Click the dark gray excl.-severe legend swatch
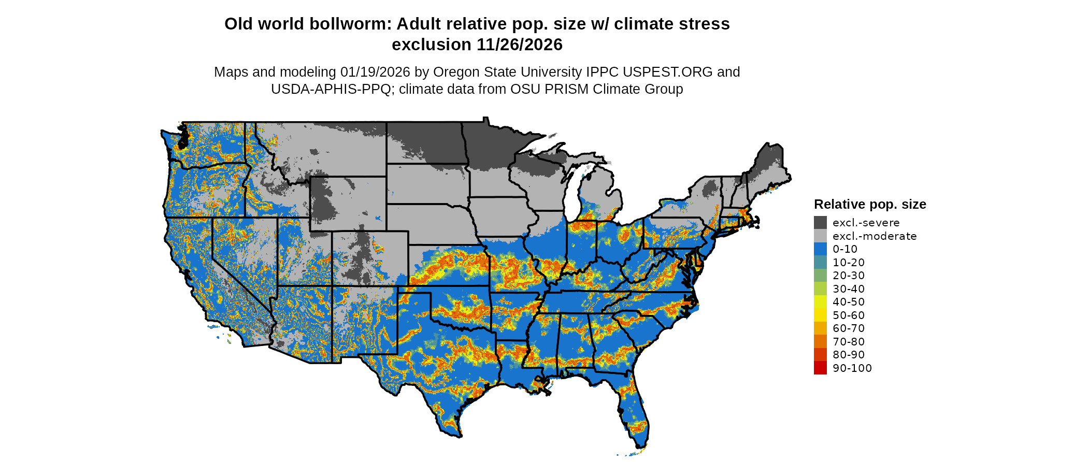[820, 223]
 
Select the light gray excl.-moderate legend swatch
[820, 236]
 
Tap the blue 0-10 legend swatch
[820, 249]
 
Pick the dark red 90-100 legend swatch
[820, 368]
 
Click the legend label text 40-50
[849, 302]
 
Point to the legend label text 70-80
[849, 342]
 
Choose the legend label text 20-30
[849, 276]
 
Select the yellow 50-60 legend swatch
[820, 315]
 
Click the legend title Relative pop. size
[870, 204]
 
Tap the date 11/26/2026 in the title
[520, 45]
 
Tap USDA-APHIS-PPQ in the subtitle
[331, 89]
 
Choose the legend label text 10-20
[849, 263]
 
